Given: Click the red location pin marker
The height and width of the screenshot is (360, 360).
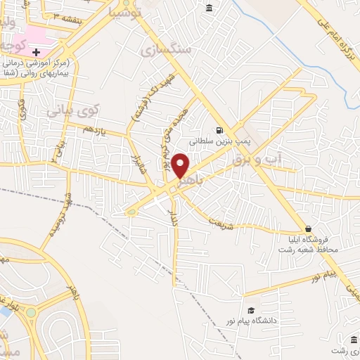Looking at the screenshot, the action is (x=181, y=166).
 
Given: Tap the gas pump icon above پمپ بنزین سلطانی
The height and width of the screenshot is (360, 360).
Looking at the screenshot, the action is (x=220, y=130).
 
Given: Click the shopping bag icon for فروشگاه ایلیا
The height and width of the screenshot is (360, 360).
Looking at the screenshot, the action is (x=308, y=229).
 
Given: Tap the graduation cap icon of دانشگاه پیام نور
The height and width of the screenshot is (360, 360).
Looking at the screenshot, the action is (x=251, y=311).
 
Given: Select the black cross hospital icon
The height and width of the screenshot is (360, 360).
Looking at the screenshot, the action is (x=36, y=51).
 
